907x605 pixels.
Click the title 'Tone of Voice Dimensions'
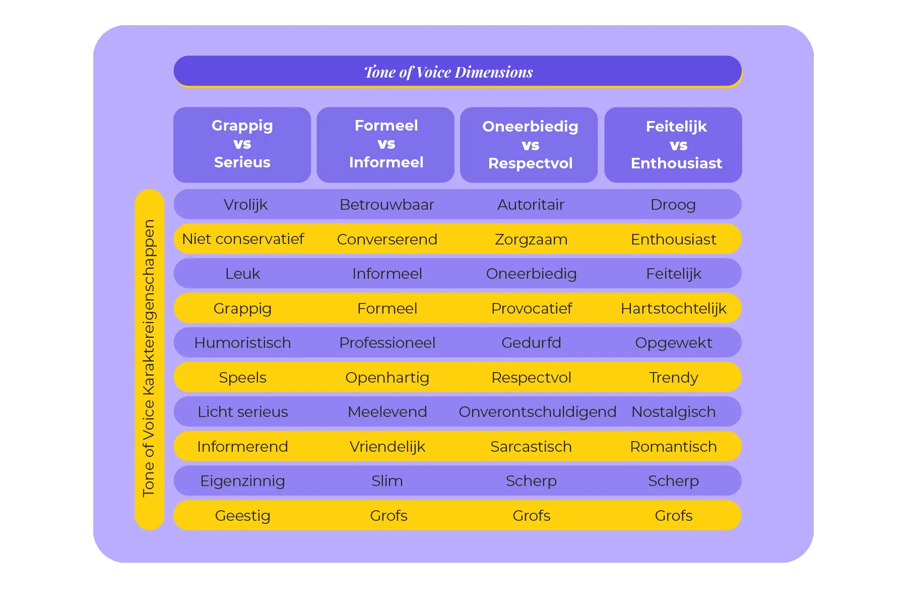click(x=448, y=72)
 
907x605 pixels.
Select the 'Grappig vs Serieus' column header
click(x=242, y=145)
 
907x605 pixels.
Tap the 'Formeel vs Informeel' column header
click(x=386, y=145)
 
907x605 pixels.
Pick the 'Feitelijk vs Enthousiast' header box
click(x=673, y=145)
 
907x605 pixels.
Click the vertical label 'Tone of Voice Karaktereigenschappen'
click(x=149, y=358)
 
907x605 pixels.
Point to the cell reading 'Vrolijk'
click(x=245, y=205)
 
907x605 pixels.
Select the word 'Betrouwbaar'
click(x=386, y=205)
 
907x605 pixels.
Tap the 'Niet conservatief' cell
click(x=243, y=239)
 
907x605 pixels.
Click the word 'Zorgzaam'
click(x=531, y=239)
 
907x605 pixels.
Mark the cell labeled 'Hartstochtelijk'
click(x=674, y=309)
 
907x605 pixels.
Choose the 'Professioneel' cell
click(x=387, y=343)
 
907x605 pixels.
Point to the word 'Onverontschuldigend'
click(x=538, y=412)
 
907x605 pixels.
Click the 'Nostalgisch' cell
click(x=674, y=412)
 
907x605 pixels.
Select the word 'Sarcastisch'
click(x=531, y=447)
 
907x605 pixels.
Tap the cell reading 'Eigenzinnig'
click(x=242, y=481)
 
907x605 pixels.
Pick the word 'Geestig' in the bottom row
click(x=242, y=516)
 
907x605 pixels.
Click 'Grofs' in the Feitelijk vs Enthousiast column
click(x=674, y=516)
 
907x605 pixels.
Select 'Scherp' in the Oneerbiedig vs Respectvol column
click(x=531, y=481)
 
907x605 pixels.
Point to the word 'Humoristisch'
click(x=242, y=343)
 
